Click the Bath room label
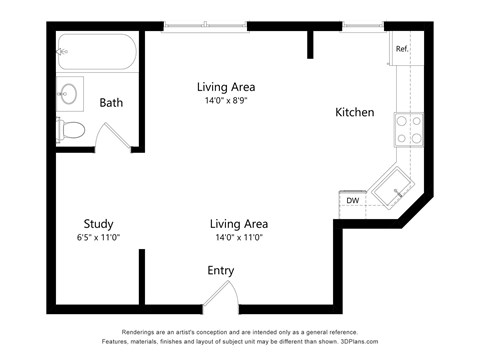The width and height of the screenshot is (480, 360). (x=111, y=102)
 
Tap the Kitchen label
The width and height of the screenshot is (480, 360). (x=354, y=113)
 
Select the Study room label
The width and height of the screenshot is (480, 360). (x=98, y=224)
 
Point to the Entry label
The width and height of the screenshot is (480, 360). (x=221, y=271)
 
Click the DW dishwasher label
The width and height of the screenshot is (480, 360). (x=352, y=201)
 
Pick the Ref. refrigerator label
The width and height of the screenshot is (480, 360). (x=402, y=49)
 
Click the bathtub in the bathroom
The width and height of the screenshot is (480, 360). (x=95, y=53)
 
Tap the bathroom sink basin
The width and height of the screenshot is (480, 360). (x=70, y=95)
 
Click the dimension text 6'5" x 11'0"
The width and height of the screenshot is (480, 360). (x=98, y=239)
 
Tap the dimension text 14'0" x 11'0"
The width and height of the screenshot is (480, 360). (x=238, y=239)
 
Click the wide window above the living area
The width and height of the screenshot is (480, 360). (x=205, y=26)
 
